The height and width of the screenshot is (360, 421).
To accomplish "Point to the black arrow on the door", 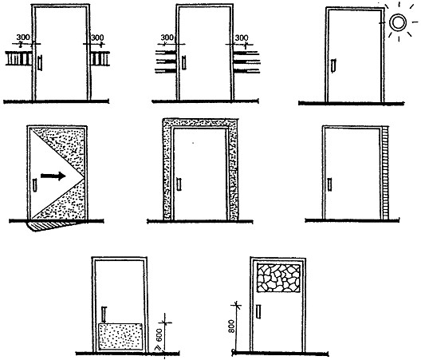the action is [53, 176].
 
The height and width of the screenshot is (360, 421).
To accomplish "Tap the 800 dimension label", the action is [231, 326].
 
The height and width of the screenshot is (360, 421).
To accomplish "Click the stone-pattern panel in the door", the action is [278, 278].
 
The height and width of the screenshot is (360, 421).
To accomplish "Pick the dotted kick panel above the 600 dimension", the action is [120, 337].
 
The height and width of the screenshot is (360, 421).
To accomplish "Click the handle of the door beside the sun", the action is [333, 65].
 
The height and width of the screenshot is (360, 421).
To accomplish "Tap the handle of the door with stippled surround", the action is [179, 184].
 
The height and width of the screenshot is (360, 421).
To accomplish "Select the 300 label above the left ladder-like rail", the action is [23, 37].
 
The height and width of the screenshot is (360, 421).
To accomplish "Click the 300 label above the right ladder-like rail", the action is [97, 38].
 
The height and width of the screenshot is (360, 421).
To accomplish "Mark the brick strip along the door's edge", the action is [386, 173].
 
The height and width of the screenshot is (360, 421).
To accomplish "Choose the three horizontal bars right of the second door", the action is [246, 62].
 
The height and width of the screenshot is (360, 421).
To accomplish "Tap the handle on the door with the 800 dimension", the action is [258, 311].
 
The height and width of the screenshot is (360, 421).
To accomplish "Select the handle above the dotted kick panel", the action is [104, 315].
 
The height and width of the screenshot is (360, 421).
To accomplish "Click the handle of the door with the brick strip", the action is [330, 184].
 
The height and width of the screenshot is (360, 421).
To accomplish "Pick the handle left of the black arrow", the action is [34, 185].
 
